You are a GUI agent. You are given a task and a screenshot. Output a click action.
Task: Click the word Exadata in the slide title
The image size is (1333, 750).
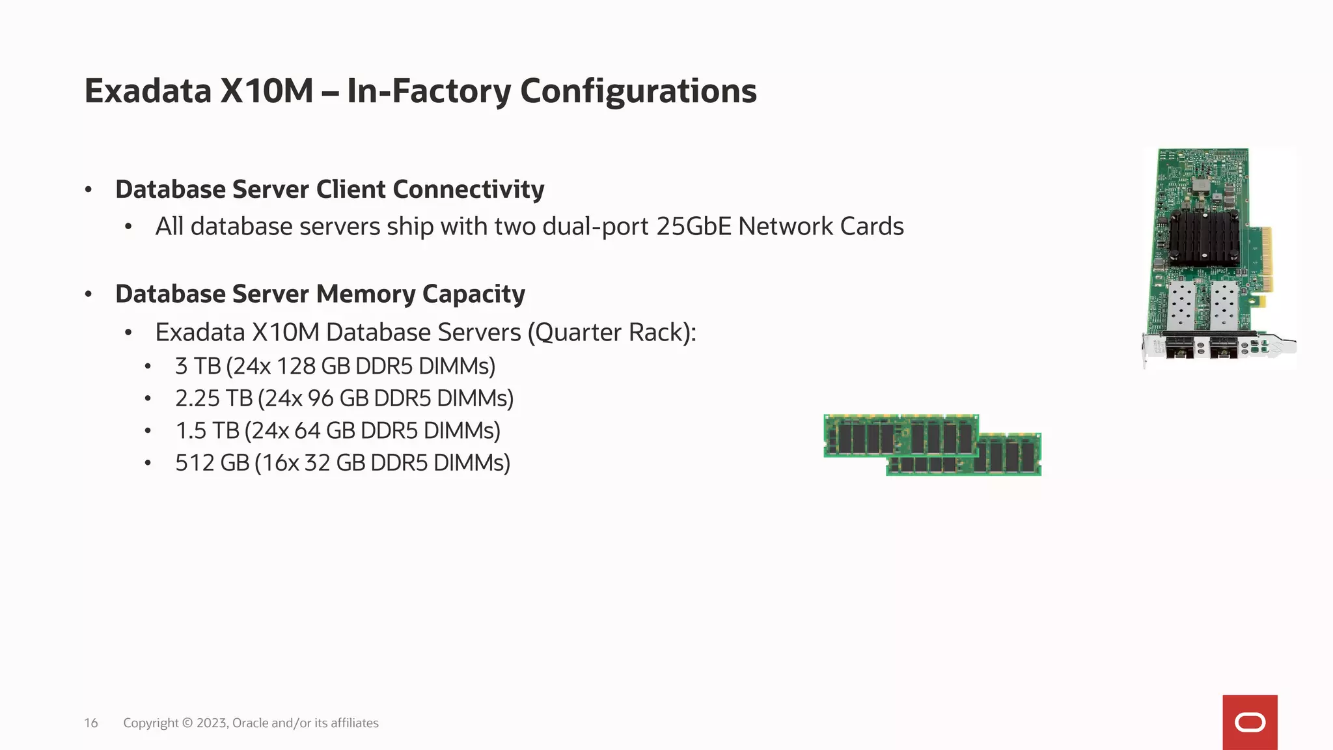point(148,90)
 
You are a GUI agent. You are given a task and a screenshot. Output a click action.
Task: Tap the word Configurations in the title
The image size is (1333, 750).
point(638,90)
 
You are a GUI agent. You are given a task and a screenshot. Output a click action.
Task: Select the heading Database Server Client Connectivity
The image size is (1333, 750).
point(329,189)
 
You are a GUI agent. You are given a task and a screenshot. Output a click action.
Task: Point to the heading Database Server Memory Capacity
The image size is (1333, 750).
point(320,294)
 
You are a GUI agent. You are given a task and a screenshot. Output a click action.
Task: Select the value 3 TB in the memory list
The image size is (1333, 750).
point(198,366)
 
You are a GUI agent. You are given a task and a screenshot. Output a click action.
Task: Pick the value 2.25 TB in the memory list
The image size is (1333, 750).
point(213,398)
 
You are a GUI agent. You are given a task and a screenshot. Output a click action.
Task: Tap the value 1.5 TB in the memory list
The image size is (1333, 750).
point(207,430)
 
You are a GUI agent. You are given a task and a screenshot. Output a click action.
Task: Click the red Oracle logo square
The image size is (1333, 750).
point(1250,722)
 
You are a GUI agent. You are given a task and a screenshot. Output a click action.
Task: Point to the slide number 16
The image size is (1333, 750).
point(91,723)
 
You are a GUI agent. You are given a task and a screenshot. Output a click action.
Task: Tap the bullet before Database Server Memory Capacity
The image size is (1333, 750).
point(89,294)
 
